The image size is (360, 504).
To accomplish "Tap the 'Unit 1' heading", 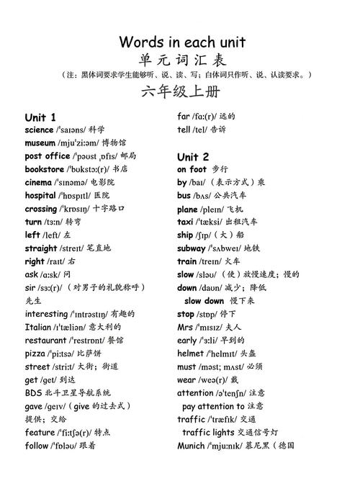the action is click(x=40, y=117).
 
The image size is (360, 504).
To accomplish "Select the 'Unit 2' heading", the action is click(x=193, y=156).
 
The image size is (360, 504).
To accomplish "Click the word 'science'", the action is click(x=39, y=130).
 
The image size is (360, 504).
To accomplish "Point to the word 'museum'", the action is click(x=40, y=143).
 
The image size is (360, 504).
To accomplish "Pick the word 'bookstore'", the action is click(x=45, y=168).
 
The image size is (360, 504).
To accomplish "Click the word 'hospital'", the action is click(x=40, y=195).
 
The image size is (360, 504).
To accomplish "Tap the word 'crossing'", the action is click(x=41, y=208).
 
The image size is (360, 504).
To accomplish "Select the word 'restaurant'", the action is click(x=45, y=340).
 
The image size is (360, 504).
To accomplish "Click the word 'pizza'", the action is click(x=35, y=354).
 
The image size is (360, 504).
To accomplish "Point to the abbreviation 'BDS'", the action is click(x=33, y=392).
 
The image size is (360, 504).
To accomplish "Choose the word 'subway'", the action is click(x=192, y=248).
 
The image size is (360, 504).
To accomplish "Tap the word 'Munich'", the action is click(x=192, y=445).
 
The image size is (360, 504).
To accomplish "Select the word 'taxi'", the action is click(x=185, y=222).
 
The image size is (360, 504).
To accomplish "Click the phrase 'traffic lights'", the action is click(x=208, y=432).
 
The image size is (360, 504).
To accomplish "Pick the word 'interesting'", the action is click(x=46, y=314).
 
